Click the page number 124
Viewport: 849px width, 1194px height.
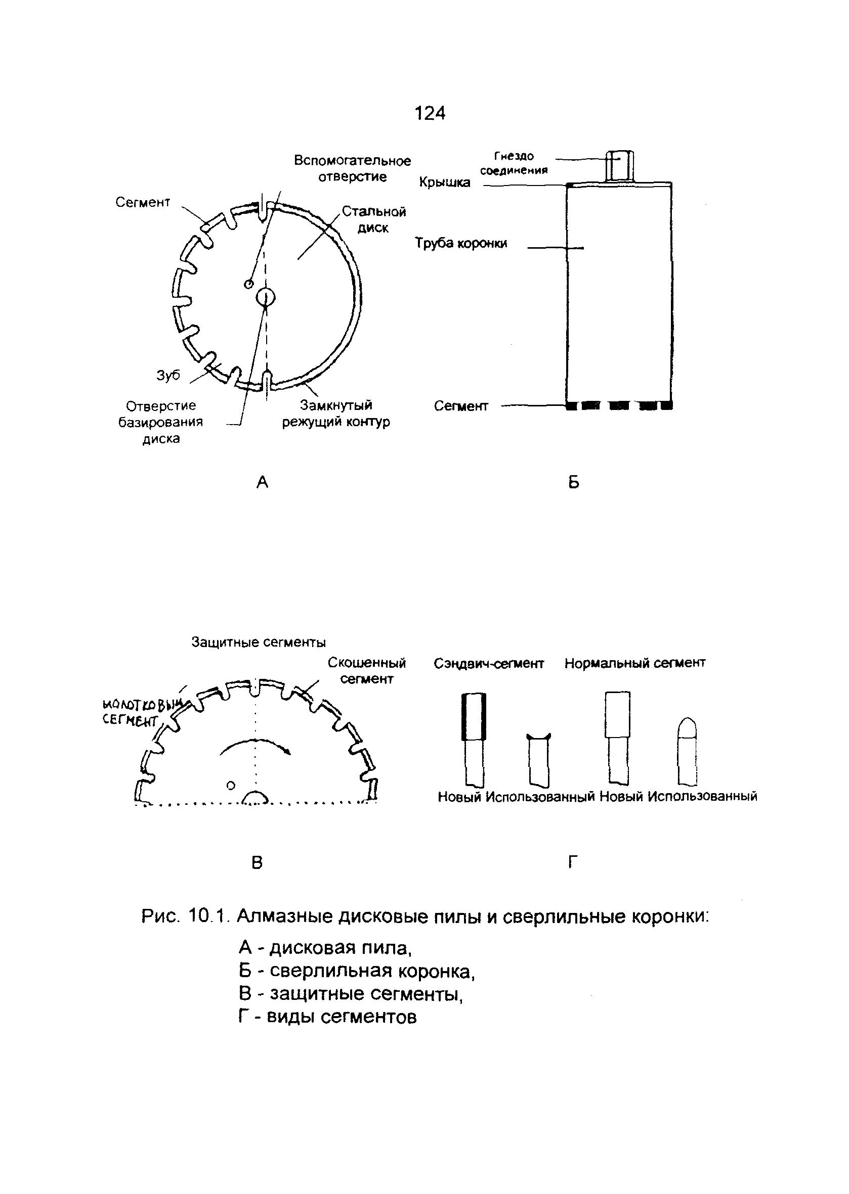pos(430,113)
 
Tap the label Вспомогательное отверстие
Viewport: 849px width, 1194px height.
pos(352,168)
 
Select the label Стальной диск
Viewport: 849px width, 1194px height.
pos(374,219)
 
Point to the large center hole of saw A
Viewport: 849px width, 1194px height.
pos(266,298)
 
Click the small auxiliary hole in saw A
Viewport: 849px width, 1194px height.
pos(249,284)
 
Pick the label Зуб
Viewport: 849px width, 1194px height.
pos(168,375)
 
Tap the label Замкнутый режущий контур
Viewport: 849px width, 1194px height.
pos(336,414)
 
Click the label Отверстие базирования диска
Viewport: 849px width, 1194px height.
pos(160,422)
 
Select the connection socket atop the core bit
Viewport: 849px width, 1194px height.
pos(619,166)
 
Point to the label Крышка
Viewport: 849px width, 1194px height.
pos(444,182)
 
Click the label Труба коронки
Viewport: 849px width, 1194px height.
pos(461,243)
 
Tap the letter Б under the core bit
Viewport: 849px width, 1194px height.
pos(573,482)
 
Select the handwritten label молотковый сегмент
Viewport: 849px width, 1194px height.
pos(141,712)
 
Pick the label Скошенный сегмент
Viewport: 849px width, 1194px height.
pos(366,671)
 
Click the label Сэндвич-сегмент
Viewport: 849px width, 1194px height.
pos(489,663)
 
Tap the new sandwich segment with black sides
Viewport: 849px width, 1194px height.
pos(474,717)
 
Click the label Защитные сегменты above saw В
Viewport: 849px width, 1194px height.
pos(258,642)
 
